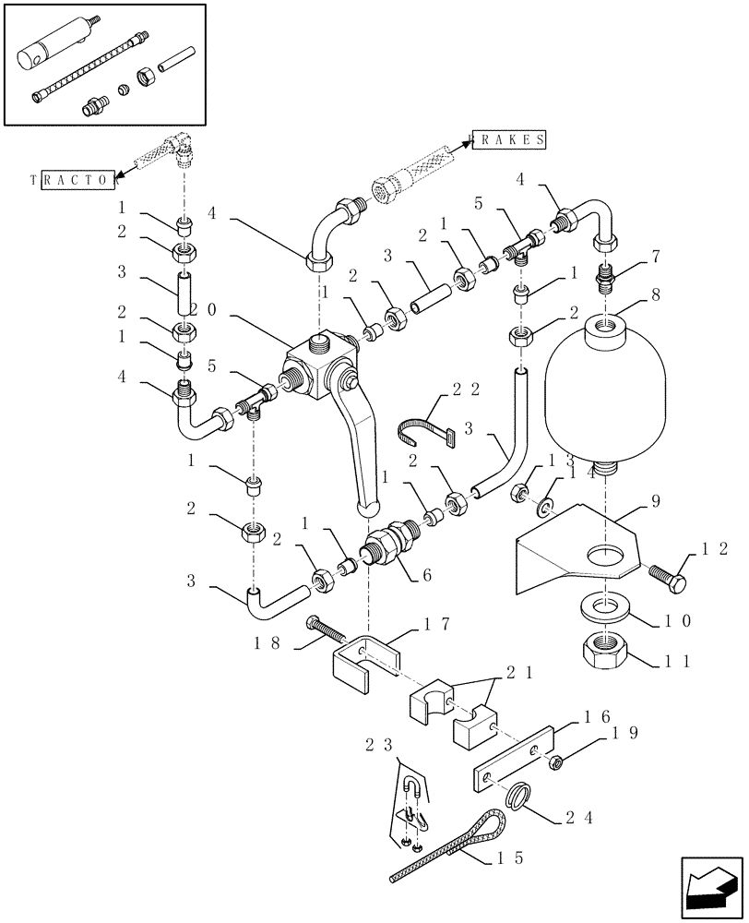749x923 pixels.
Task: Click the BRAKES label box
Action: [x=510, y=138]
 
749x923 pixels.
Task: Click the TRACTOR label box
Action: [x=73, y=180]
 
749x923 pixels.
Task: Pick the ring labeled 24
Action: [x=520, y=795]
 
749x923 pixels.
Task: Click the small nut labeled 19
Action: [x=558, y=762]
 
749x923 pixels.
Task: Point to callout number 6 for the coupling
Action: [x=426, y=573]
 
